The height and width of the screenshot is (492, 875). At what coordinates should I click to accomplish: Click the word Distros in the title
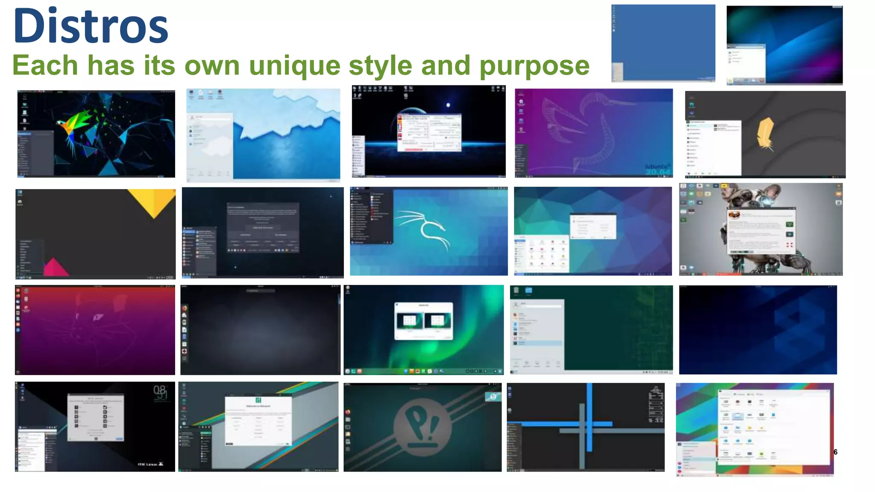click(x=91, y=26)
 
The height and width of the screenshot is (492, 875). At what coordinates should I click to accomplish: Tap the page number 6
click(x=835, y=452)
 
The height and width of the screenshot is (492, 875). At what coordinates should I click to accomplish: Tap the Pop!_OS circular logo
click(x=422, y=427)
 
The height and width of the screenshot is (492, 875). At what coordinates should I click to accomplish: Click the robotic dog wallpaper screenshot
click(x=760, y=229)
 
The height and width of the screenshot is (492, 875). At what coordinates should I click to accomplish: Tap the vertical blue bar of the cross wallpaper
click(x=589, y=416)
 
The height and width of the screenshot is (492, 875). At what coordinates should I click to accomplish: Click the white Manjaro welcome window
click(x=258, y=421)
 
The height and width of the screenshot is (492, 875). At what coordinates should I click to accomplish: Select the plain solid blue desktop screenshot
click(x=663, y=43)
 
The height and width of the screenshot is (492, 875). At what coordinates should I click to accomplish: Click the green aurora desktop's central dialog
click(x=423, y=321)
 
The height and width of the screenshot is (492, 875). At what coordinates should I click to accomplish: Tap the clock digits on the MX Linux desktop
click(x=160, y=391)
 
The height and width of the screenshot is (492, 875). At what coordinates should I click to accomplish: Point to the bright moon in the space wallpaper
click(x=448, y=105)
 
